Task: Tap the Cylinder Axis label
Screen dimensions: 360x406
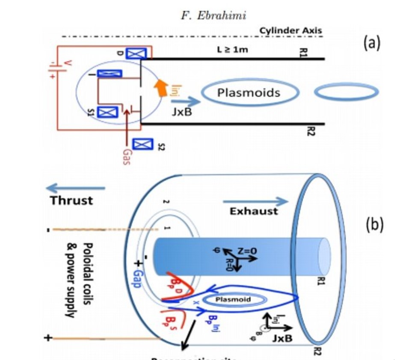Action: click(x=290, y=30)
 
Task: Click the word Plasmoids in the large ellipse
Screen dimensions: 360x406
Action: click(x=249, y=93)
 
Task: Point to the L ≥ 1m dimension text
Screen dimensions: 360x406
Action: click(x=232, y=50)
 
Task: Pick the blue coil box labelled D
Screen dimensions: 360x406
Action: click(x=136, y=53)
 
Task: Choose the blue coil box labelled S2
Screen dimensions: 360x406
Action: click(x=143, y=145)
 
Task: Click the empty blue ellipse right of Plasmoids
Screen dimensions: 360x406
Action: click(x=346, y=92)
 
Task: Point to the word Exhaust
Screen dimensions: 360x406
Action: click(x=253, y=211)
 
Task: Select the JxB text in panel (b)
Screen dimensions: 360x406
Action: click(x=283, y=338)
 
